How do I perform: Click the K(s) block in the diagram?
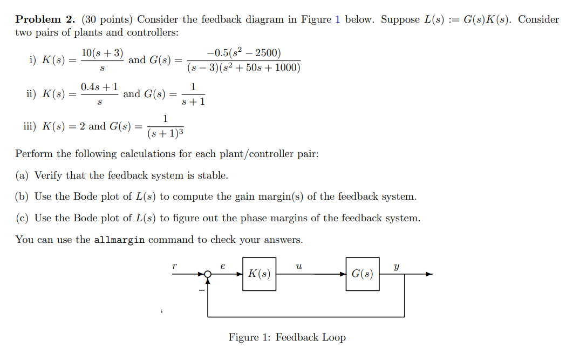[259, 274]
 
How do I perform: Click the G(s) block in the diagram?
[362, 274]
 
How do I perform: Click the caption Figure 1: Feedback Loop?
[287, 337]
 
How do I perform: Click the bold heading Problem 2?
[45, 19]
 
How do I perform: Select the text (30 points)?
[107, 19]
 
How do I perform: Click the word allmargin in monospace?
[119, 240]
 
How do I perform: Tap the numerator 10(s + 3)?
[102, 53]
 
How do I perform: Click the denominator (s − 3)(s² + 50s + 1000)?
[244, 68]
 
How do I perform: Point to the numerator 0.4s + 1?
[100, 87]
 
